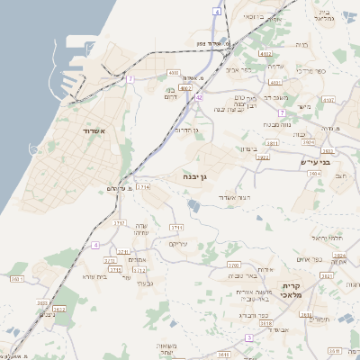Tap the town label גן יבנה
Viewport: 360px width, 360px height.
coord(194,176)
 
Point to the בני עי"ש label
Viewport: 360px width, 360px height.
coord(338,162)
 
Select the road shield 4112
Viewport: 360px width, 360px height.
coord(265,55)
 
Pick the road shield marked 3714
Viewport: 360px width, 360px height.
coord(144,185)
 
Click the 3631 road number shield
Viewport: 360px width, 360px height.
coord(306,316)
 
